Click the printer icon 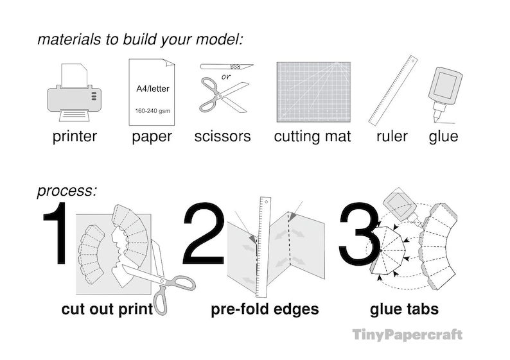pyautogui.click(x=75, y=94)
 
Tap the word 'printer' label pyautogui.click(x=75, y=136)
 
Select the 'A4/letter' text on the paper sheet pyautogui.click(x=152, y=89)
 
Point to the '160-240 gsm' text pyautogui.click(x=152, y=111)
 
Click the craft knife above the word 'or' pyautogui.click(x=226, y=67)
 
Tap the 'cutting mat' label pyautogui.click(x=312, y=136)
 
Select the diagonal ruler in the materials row pyautogui.click(x=392, y=90)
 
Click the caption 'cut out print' pyautogui.click(x=107, y=309)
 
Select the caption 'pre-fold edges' pyautogui.click(x=265, y=309)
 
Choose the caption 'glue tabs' pyautogui.click(x=404, y=309)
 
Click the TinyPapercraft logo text pyautogui.click(x=407, y=334)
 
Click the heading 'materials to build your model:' pyautogui.click(x=140, y=39)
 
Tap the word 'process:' pyautogui.click(x=67, y=191)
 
